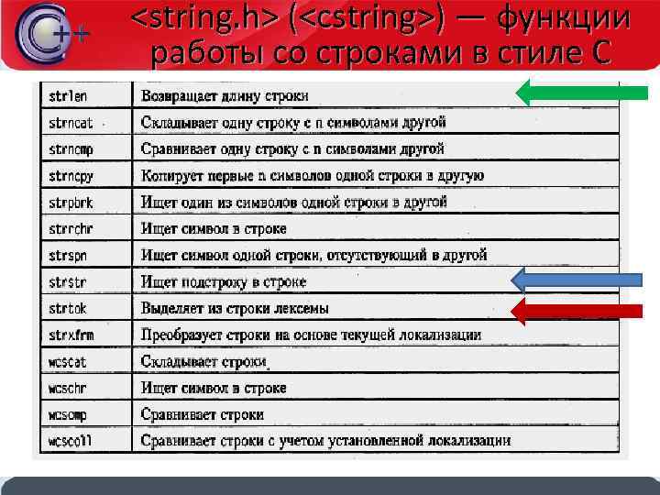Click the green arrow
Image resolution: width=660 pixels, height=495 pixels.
[582, 92]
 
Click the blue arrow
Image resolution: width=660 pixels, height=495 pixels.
[577, 279]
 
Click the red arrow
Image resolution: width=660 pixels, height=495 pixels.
[577, 311]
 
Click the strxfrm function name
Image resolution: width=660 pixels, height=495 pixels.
[71, 335]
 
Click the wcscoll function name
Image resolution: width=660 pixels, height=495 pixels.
[71, 441]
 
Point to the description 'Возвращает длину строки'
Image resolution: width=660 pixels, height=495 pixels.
[225, 95]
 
